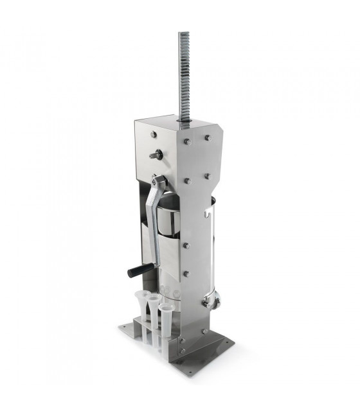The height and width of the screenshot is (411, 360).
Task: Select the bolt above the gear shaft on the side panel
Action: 154,134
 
